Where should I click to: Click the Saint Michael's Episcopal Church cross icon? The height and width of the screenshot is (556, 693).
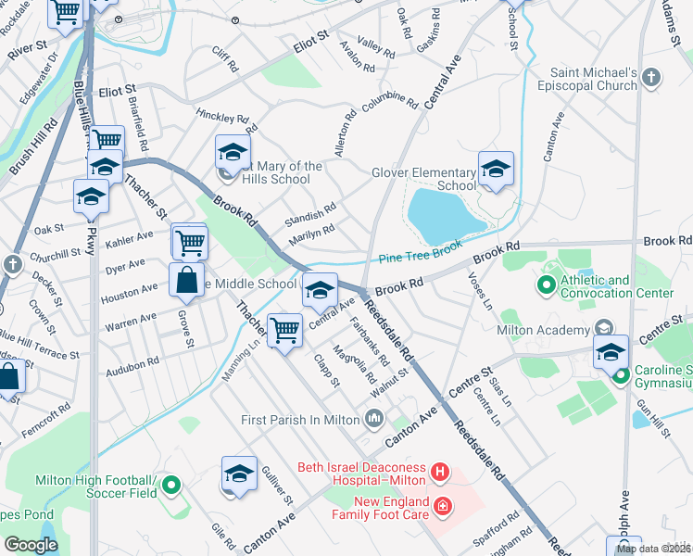tap(651, 78)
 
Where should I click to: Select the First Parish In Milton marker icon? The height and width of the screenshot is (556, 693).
tap(373, 420)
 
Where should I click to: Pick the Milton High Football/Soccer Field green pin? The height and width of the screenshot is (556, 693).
tap(170, 484)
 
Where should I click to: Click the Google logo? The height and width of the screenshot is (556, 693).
tap(31, 544)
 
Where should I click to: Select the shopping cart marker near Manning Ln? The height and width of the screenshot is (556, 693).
tap(285, 329)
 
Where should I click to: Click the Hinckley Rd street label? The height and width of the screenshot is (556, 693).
tap(223, 118)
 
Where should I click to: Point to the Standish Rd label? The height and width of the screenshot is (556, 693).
tap(310, 214)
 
